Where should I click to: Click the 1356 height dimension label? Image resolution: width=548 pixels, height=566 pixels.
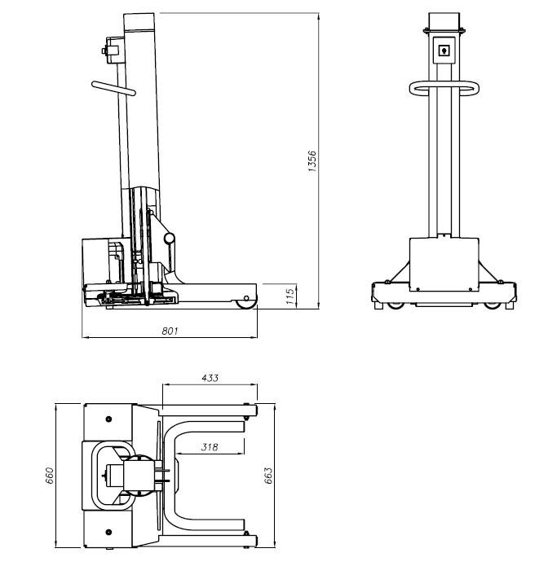click(312, 161)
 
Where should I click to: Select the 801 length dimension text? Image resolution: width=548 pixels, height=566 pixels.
click(170, 331)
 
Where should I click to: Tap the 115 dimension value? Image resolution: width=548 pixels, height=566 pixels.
click(290, 296)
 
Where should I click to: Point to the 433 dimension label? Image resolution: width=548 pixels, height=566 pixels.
click(210, 378)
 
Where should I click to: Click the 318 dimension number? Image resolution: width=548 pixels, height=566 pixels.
click(210, 447)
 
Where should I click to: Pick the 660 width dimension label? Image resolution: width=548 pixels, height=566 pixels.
click(49, 476)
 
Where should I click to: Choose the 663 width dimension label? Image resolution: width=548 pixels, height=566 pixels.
click(268, 476)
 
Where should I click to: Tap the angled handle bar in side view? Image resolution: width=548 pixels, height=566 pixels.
click(113, 89)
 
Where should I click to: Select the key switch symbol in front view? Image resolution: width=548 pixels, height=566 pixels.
click(444, 50)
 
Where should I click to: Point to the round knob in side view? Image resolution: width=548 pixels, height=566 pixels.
click(169, 239)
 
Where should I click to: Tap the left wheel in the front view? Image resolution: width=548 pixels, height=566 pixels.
click(396, 305)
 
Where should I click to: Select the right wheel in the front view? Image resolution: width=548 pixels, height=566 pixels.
click(493, 305)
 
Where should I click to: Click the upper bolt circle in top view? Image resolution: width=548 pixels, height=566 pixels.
click(108, 419)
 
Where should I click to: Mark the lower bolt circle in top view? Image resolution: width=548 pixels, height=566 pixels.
click(108, 532)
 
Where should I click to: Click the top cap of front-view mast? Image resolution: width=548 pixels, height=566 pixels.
click(444, 23)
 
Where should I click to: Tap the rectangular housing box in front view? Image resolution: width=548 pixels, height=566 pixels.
click(444, 264)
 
